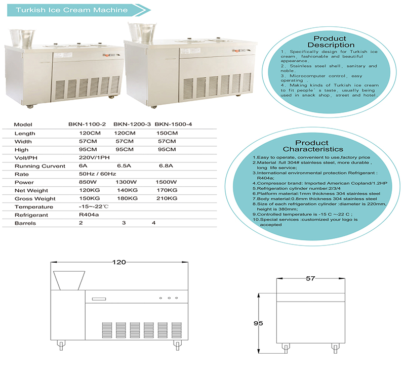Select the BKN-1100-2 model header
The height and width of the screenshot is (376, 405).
tap(87, 124)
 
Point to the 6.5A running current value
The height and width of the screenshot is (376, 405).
tap(124, 165)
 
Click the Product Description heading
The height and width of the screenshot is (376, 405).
tap(330, 42)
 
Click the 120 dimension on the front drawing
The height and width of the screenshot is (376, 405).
tap(118, 263)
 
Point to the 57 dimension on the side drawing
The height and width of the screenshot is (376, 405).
tap(310, 279)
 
